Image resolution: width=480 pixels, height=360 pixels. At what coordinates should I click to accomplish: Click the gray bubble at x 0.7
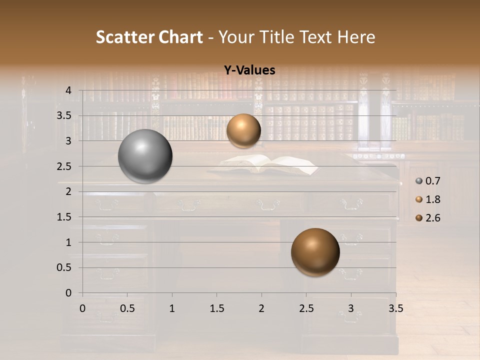point(145,156)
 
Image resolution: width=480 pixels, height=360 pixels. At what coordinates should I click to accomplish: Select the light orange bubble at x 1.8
point(243,130)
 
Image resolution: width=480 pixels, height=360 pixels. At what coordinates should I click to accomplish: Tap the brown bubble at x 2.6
point(315,252)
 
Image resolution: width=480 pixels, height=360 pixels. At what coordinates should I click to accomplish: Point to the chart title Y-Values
point(249,70)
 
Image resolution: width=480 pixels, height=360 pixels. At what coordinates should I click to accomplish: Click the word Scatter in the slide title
point(125,37)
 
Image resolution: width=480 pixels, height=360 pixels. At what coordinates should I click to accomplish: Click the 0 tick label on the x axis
point(83,308)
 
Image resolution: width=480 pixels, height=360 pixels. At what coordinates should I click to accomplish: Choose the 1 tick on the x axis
point(172,308)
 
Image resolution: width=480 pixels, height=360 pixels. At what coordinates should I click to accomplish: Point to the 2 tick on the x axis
point(261,308)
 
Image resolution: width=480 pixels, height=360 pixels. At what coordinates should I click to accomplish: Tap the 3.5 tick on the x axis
point(395,308)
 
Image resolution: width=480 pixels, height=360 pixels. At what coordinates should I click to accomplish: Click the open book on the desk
point(270,165)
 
